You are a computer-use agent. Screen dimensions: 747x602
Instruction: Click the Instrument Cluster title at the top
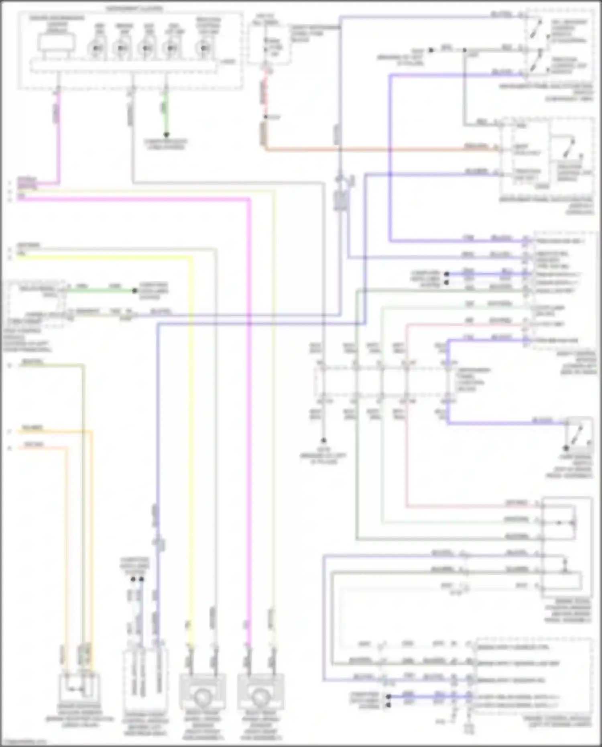134,8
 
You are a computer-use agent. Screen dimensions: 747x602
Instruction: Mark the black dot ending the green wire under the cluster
166,135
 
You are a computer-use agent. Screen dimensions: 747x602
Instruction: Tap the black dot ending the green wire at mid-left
135,291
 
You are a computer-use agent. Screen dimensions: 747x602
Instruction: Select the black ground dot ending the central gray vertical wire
323,440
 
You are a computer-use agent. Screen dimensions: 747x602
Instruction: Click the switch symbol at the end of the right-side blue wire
578,435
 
